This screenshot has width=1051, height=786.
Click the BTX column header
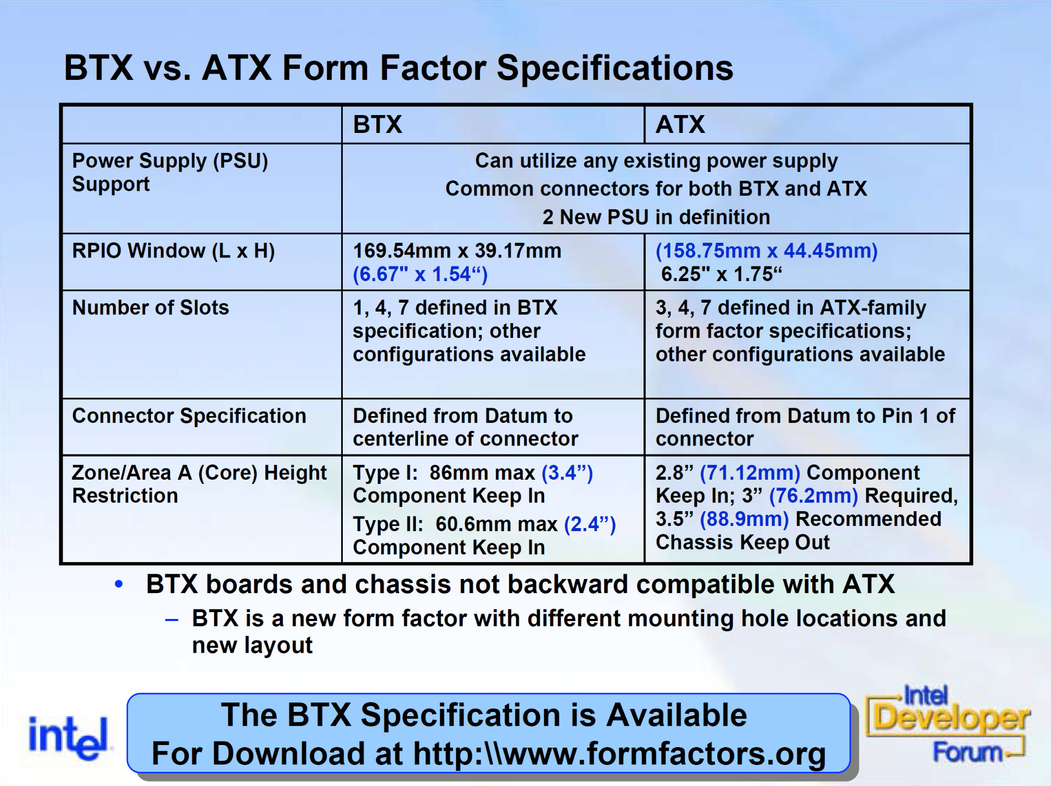point(377,125)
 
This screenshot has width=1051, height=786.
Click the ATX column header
point(680,125)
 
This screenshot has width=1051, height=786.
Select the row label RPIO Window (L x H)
point(174,251)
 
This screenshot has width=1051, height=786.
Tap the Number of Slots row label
point(150,307)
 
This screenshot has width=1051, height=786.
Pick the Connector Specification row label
point(189,416)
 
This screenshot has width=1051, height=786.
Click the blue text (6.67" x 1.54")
point(420,274)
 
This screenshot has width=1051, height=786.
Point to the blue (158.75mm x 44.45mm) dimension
point(767,251)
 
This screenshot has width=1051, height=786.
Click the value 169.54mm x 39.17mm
point(457,251)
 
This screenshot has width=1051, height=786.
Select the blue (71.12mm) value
point(750,473)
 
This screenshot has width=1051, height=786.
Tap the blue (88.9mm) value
point(744,519)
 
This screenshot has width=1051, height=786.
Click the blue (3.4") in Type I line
point(567,473)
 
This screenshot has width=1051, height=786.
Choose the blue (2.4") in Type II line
point(590,524)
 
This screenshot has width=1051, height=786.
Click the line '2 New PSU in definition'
point(656,217)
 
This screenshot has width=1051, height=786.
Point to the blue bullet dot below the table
point(119,584)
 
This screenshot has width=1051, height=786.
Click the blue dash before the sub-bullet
point(172,620)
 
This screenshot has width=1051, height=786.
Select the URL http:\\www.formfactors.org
point(619,754)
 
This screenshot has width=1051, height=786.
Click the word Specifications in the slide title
point(615,68)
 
